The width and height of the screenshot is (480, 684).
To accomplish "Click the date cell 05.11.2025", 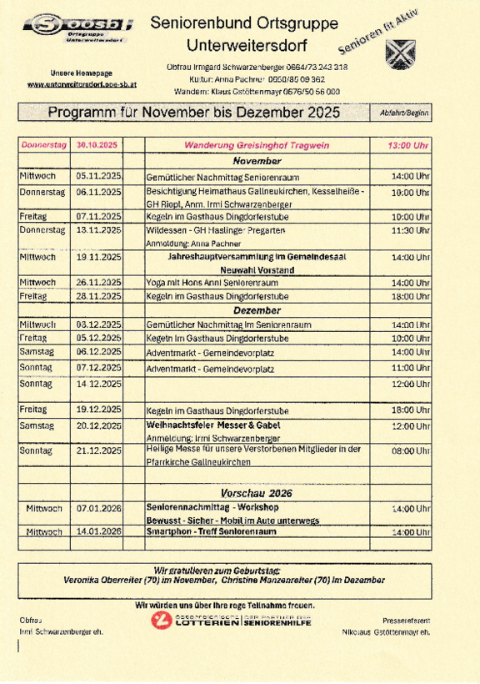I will [98, 176].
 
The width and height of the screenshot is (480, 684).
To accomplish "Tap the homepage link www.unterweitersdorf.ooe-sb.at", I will [82, 85].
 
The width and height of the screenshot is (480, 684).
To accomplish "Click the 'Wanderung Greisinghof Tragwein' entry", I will [257, 145].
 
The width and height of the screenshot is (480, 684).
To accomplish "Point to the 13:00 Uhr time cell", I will [408, 145].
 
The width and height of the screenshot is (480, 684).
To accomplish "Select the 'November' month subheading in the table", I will [257, 160].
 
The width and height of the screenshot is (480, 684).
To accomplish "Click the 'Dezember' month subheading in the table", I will [257, 309].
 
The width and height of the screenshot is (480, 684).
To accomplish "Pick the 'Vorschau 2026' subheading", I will [257, 493].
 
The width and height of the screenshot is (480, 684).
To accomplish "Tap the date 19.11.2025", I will [98, 258].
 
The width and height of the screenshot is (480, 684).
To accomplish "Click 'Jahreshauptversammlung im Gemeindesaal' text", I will [257, 258].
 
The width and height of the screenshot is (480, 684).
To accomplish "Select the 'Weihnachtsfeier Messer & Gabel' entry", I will [213, 425].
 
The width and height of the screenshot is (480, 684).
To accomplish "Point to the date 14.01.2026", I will [98, 531].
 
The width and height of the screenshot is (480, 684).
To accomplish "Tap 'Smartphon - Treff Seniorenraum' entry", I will [206, 531].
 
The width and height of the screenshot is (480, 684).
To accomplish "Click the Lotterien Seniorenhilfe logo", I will [231, 620].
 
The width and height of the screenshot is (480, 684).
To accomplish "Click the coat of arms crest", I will [397, 53].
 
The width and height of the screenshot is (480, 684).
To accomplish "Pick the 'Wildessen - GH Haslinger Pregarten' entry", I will [215, 229].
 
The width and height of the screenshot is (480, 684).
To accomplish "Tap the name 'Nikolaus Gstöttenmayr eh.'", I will [386, 633].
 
